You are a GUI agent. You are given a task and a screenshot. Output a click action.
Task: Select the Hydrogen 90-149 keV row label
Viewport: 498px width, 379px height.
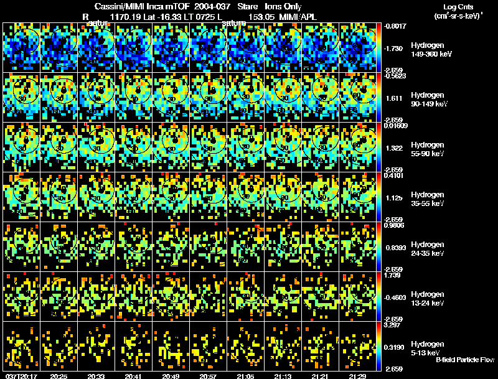[427, 100]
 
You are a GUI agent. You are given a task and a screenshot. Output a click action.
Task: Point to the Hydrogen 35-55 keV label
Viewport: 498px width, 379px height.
[427, 199]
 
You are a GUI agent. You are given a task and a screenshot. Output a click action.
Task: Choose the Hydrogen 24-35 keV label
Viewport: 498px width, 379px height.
[427, 249]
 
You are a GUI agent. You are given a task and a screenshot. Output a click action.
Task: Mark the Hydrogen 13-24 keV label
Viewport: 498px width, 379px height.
[427, 299]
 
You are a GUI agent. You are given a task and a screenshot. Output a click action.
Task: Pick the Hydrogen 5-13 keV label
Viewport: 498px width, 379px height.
[427, 349]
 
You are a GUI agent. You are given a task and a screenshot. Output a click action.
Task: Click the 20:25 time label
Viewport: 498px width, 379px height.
[59, 375]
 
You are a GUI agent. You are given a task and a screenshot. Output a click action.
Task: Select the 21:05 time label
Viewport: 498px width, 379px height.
[246, 375]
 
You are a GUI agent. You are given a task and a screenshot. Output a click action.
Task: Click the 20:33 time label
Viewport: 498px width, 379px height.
[96, 375]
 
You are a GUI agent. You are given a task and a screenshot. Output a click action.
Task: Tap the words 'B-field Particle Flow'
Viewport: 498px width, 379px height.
[465, 360]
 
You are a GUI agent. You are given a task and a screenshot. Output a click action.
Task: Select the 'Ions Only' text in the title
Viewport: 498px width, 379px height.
[283, 6]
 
